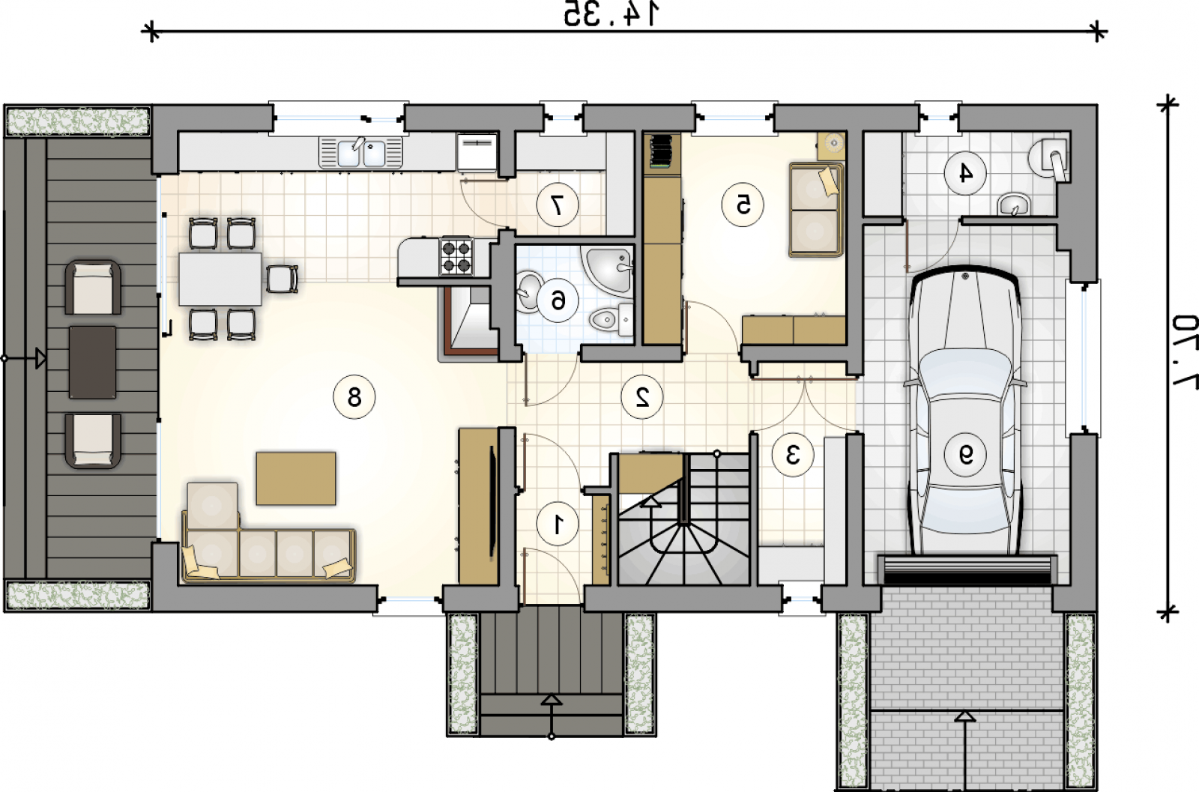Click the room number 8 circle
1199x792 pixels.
(354, 397)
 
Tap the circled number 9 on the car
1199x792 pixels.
(965, 455)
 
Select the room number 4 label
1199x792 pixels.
(965, 173)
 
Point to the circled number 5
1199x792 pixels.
(743, 205)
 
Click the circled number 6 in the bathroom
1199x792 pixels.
(558, 301)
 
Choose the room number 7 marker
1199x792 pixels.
(558, 205)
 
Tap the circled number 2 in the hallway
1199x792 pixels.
(641, 397)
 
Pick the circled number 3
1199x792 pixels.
(793, 455)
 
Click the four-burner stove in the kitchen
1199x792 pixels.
(456, 257)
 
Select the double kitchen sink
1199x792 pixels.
(360, 152)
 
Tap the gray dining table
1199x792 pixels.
(220, 279)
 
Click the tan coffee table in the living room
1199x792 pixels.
(296, 478)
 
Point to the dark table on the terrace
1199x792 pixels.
(92, 363)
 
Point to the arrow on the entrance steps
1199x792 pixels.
(552, 716)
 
